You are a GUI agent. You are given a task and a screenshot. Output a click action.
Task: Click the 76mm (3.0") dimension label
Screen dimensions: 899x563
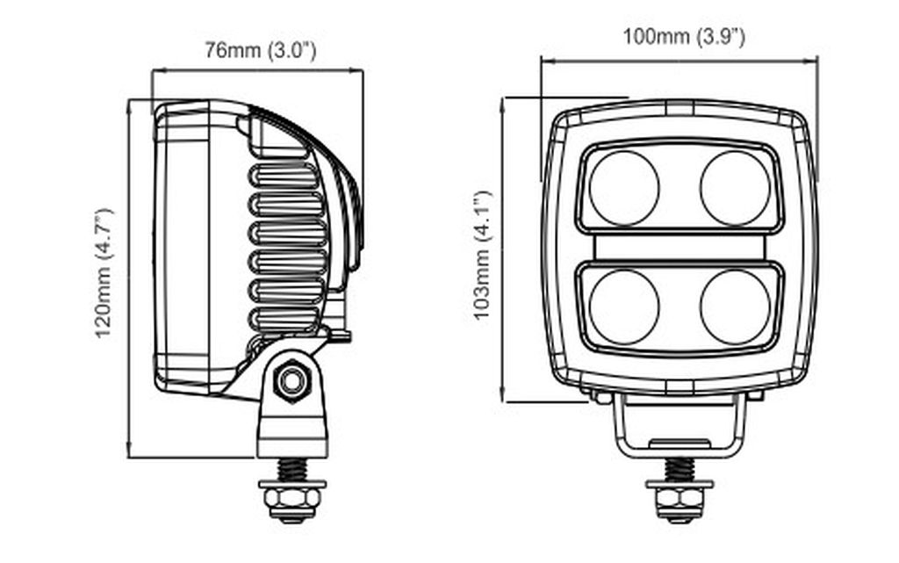(x=260, y=50)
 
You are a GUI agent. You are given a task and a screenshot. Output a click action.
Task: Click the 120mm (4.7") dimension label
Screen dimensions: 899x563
(x=104, y=273)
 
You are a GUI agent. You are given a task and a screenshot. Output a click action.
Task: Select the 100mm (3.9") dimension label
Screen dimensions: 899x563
(x=684, y=37)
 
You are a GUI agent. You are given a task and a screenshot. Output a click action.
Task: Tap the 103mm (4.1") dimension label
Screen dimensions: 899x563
(x=482, y=256)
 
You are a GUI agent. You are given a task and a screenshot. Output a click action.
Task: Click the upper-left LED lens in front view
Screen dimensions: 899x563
(x=624, y=188)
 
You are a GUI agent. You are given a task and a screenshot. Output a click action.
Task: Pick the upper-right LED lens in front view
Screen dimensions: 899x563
(x=735, y=188)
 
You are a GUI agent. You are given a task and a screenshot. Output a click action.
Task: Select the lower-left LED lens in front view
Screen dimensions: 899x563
(x=624, y=307)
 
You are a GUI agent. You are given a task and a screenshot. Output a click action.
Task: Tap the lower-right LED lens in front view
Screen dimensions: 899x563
(x=735, y=307)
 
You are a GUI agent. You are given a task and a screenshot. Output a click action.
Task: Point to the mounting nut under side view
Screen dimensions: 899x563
(x=293, y=502)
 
